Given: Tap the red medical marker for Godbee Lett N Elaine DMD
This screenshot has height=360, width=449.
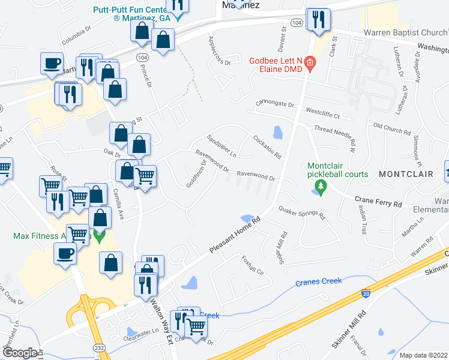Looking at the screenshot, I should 310,62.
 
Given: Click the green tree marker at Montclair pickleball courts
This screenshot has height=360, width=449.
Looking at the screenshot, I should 321,190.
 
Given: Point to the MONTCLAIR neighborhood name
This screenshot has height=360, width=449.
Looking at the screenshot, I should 406,174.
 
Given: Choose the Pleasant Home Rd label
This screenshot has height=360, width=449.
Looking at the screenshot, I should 235,233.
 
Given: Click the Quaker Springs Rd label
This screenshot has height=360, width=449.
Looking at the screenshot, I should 300,212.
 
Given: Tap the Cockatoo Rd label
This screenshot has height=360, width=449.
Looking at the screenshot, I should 267,146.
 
